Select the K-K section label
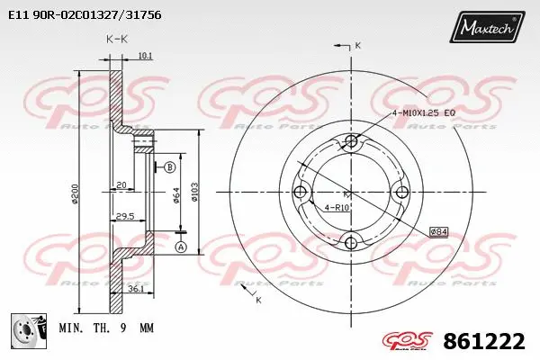tap(116, 40)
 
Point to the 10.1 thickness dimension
tap(144, 56)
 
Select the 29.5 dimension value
tap(125, 216)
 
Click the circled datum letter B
tap(169, 166)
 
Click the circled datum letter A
tap(180, 247)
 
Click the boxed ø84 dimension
tap(438, 231)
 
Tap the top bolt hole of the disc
tap(352, 141)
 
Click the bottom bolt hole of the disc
tap(352, 240)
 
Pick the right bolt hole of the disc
tap(401, 191)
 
